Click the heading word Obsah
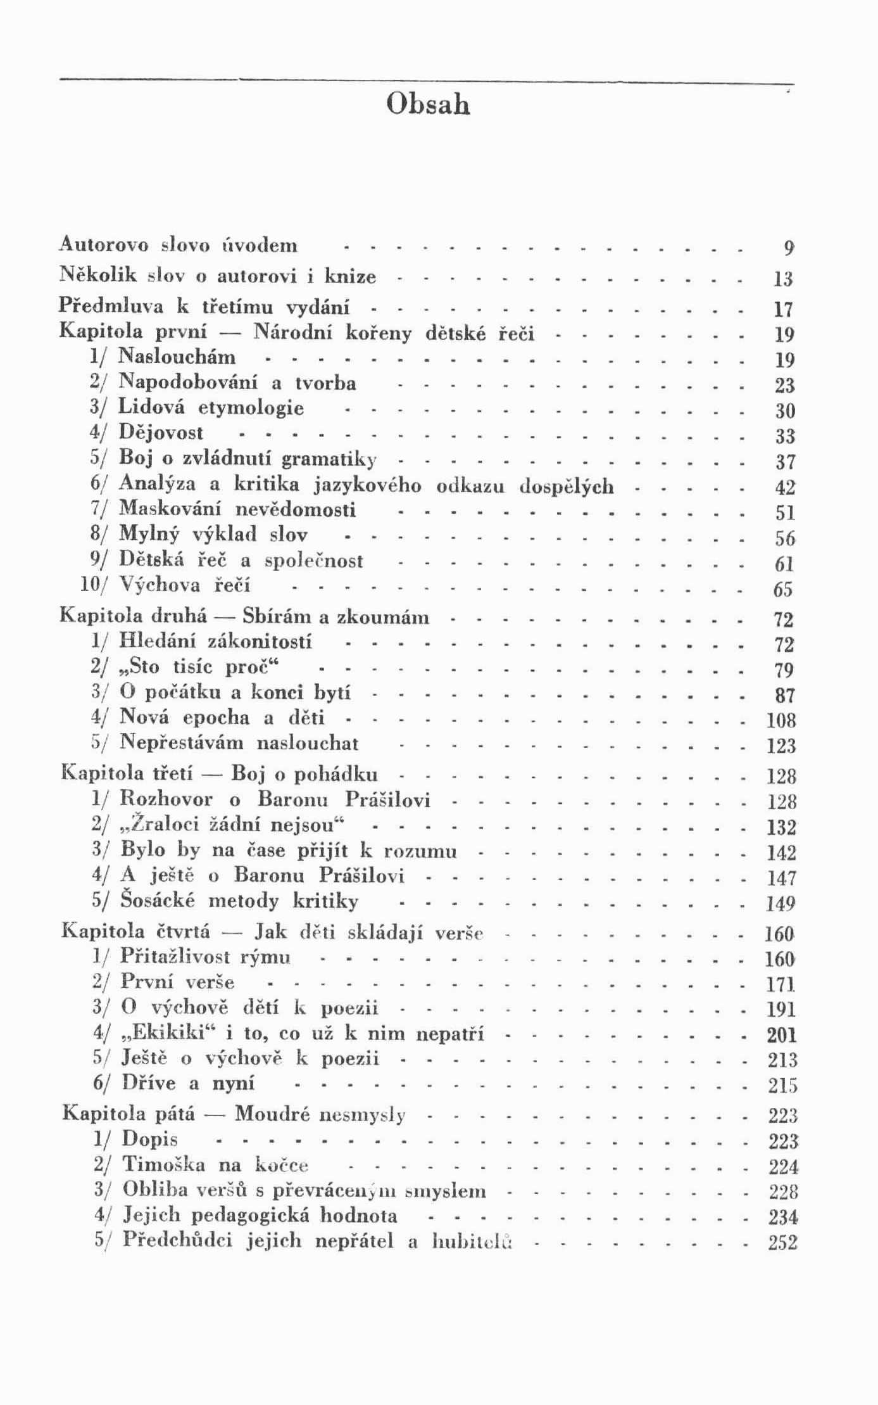[428, 104]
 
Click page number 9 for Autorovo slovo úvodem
[787, 248]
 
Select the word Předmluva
[111, 306]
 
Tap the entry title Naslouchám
[177, 357]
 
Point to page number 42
[784, 487]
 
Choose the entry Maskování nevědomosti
[237, 509]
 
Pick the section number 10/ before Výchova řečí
[95, 585]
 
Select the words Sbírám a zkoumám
[336, 617]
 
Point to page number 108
[781, 721]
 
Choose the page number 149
[781, 903]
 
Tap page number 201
[782, 1035]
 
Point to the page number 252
[782, 1242]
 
